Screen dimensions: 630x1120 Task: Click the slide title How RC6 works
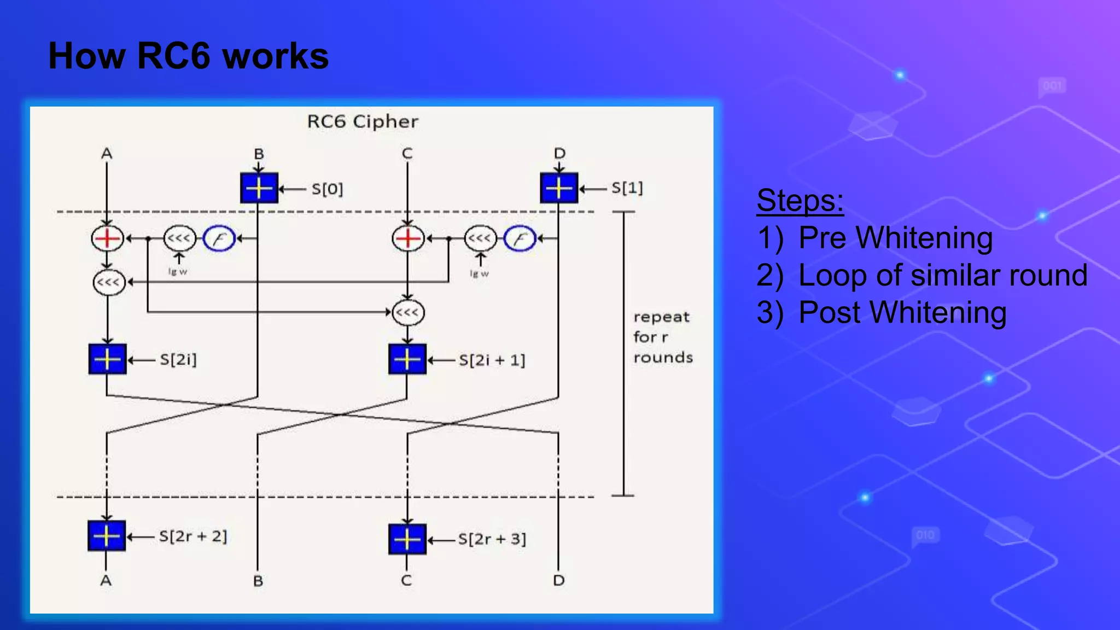(188, 56)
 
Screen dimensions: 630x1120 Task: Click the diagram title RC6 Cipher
(363, 121)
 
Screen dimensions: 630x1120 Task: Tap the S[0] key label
(327, 189)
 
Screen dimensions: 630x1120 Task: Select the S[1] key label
(627, 188)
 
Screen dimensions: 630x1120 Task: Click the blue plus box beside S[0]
(259, 188)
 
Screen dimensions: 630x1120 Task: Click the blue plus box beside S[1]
(559, 188)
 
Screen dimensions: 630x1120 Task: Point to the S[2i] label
(178, 360)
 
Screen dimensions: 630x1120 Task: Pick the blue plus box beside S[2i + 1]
(407, 359)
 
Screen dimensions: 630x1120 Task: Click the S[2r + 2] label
(192, 536)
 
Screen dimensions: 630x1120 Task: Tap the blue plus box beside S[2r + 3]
(407, 539)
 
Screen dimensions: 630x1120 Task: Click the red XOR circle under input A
(107, 238)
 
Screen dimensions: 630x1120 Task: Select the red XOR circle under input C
(407, 238)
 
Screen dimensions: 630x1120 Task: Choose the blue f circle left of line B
(219, 239)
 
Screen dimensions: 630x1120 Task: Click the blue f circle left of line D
(520, 239)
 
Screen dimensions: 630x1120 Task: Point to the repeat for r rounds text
(662, 337)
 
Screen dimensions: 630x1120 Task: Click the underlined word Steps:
(800, 200)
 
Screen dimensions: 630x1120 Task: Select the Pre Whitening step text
(895, 238)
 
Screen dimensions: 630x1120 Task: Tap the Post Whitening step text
(902, 313)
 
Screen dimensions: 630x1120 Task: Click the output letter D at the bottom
(558, 580)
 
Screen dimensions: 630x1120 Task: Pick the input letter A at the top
(107, 154)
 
